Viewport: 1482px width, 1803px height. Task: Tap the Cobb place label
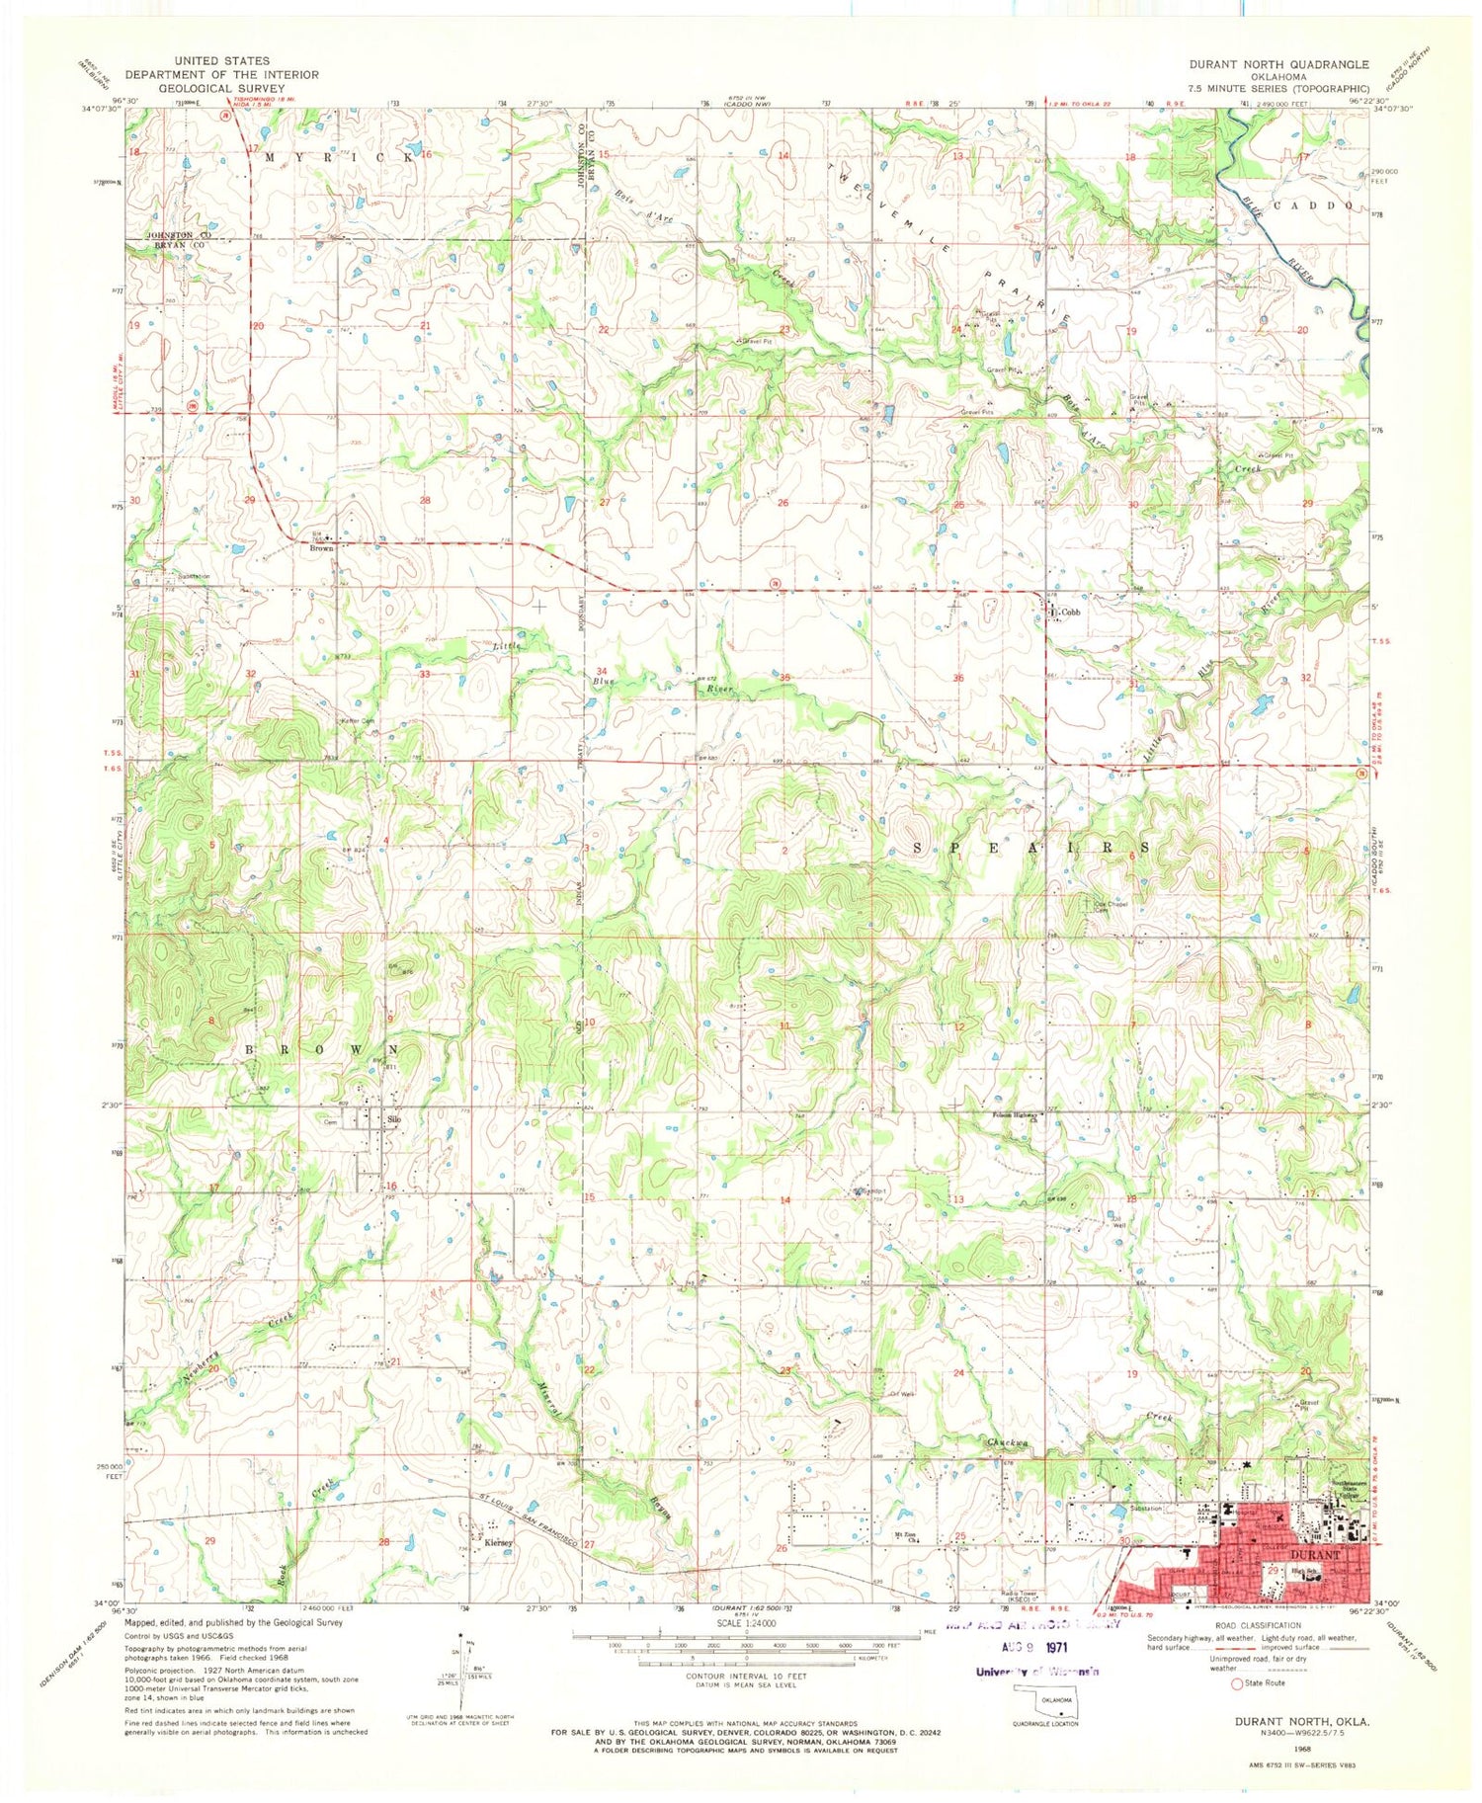point(1071,613)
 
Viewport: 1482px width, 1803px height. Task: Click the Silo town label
point(395,1119)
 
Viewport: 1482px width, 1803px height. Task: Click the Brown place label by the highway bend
point(322,547)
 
